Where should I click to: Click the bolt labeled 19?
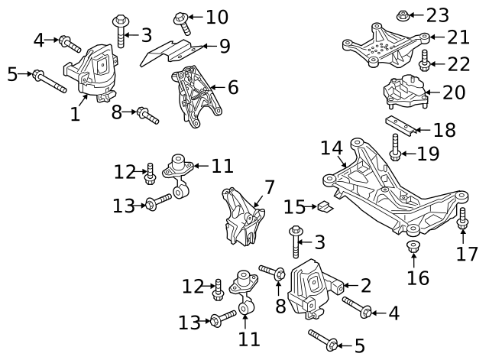(x=396, y=148)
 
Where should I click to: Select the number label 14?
(x=332, y=148)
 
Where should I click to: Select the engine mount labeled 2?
(x=314, y=289)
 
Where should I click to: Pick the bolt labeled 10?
(x=183, y=20)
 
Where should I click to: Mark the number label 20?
(x=453, y=93)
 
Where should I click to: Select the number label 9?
(x=224, y=46)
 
